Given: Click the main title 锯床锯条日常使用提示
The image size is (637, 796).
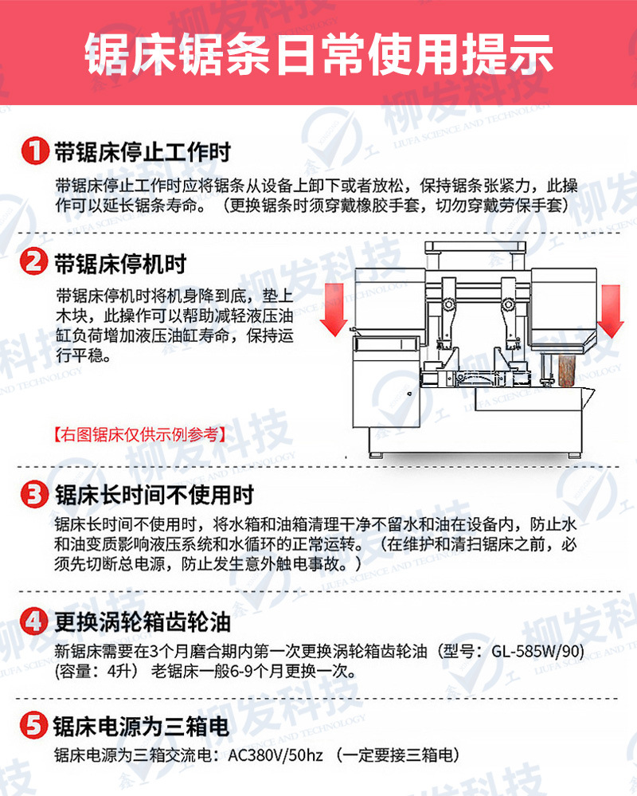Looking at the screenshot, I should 318,53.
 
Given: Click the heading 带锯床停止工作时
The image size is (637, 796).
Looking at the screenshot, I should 143,151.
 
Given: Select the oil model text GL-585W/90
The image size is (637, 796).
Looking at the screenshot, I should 537,650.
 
